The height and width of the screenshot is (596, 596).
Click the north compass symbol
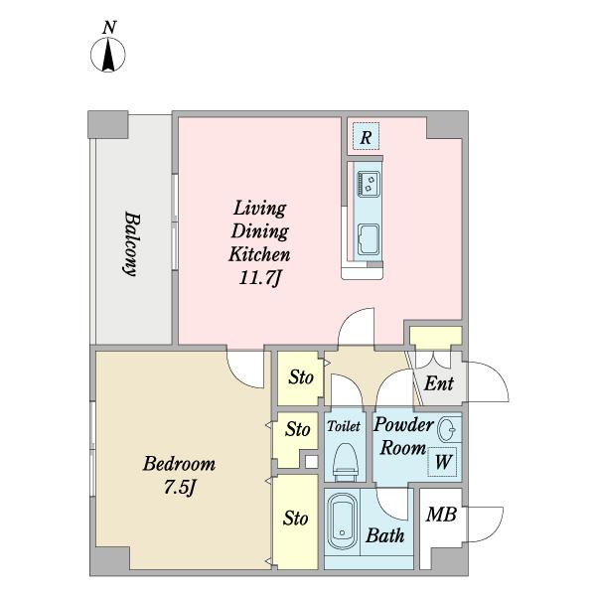[x=108, y=55]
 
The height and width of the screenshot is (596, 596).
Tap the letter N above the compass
[x=109, y=28]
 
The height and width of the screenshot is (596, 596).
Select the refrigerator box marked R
[x=366, y=136]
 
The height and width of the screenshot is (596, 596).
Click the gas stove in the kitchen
[x=368, y=185]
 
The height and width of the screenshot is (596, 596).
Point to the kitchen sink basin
[x=369, y=239]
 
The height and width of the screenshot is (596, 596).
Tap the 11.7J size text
[x=259, y=278]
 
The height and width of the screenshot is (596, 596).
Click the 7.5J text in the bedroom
[x=180, y=488]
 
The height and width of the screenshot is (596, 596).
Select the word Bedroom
[x=179, y=464]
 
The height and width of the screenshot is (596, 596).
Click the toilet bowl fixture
[x=346, y=460]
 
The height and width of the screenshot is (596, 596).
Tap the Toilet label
[x=344, y=426]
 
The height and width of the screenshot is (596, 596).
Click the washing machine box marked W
[x=442, y=462]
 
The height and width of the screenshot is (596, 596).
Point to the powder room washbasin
[x=446, y=430]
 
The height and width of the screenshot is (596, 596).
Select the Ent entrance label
[x=439, y=383]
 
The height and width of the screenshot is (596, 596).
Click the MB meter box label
[x=441, y=515]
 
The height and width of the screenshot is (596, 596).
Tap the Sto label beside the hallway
[x=301, y=377]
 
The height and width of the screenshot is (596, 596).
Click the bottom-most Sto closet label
[x=295, y=519]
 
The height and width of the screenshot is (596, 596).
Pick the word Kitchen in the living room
[x=259, y=254]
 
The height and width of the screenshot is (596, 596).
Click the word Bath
[x=385, y=535]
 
